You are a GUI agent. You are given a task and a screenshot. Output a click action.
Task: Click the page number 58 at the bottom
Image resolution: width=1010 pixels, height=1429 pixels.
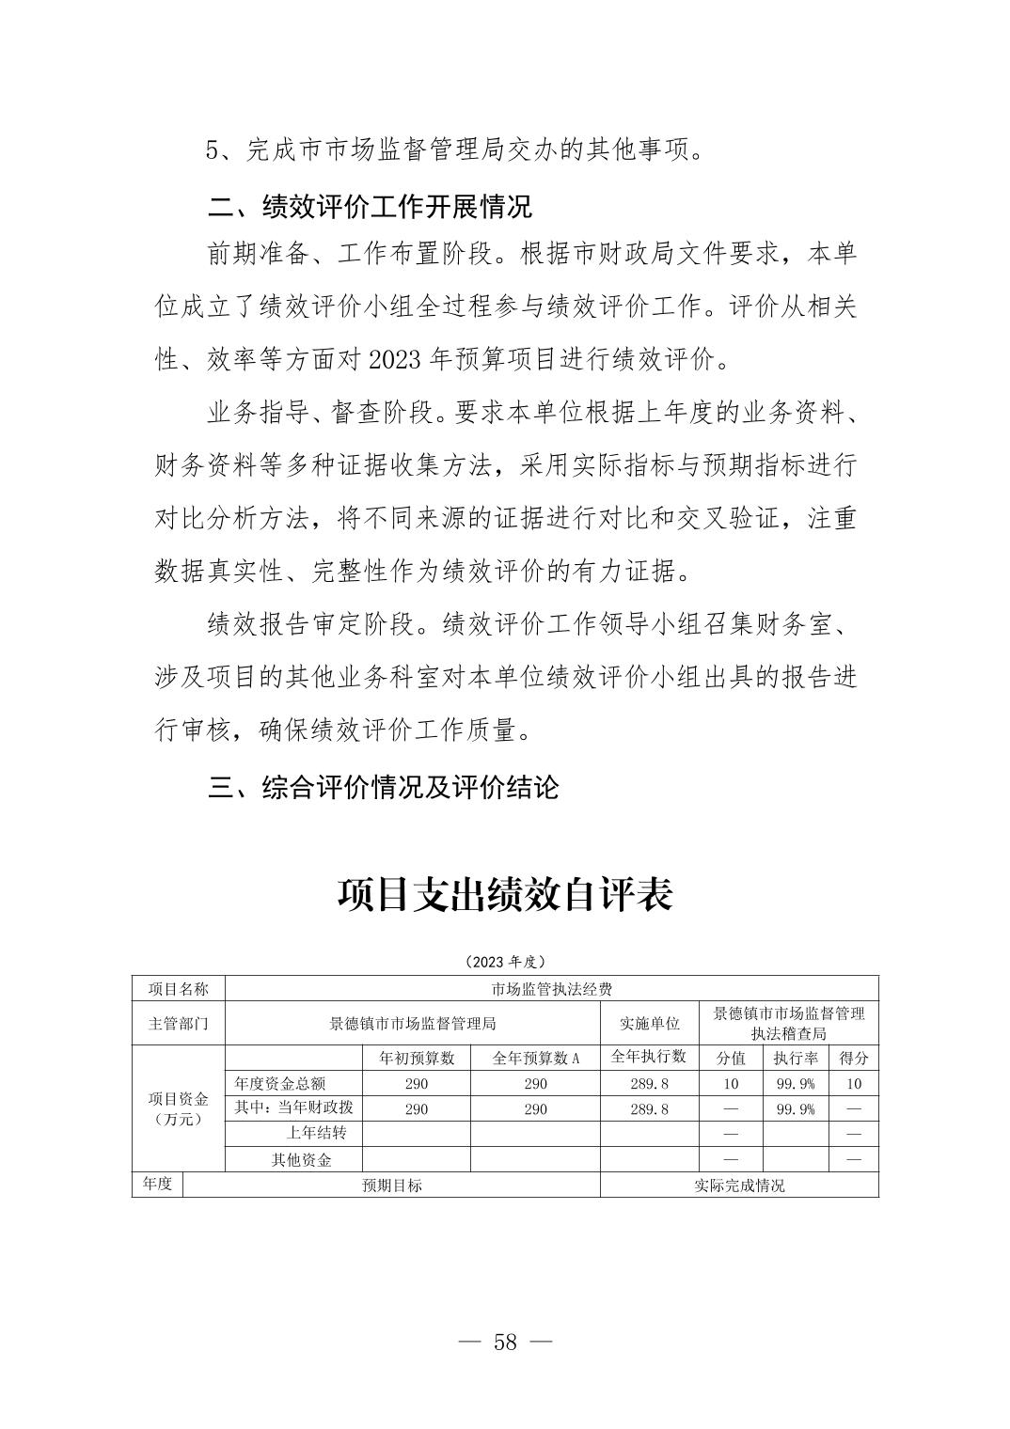click(x=505, y=1342)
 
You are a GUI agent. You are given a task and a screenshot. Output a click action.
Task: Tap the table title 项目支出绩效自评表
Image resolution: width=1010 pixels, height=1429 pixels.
click(x=505, y=895)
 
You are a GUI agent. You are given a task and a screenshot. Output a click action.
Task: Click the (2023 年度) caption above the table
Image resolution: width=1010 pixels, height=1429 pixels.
click(x=505, y=962)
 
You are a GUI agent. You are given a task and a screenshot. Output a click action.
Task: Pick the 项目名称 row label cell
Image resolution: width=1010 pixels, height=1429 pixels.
click(x=179, y=989)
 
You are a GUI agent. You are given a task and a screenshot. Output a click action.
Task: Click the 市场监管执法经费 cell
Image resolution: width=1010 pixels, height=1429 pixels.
click(x=552, y=989)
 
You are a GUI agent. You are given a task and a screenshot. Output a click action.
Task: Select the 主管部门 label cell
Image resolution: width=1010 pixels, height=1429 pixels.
click(x=179, y=1024)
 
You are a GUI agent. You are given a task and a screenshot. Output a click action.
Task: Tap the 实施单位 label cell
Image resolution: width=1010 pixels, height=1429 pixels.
click(x=649, y=1024)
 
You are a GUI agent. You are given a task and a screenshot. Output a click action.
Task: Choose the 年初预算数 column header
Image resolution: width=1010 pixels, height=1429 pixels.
click(x=416, y=1059)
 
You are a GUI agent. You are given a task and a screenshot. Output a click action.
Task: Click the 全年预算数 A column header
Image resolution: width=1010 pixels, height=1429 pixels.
click(x=535, y=1059)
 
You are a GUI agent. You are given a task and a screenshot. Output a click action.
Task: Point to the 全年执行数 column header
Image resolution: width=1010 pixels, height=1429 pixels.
click(x=649, y=1057)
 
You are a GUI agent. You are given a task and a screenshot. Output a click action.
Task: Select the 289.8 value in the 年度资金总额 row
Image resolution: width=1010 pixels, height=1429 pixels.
click(x=649, y=1084)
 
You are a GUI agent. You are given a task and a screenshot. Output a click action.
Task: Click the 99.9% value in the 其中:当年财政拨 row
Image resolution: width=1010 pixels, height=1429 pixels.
click(x=795, y=1109)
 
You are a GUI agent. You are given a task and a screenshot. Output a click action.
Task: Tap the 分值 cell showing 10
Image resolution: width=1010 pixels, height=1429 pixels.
click(x=731, y=1084)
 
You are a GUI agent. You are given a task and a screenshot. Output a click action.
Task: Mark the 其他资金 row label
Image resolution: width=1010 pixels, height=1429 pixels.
click(x=302, y=1160)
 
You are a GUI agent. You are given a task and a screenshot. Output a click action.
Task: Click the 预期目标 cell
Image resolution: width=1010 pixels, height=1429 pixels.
click(x=392, y=1186)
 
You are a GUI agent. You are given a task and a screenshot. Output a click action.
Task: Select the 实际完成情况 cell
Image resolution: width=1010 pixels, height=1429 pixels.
click(x=739, y=1186)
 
